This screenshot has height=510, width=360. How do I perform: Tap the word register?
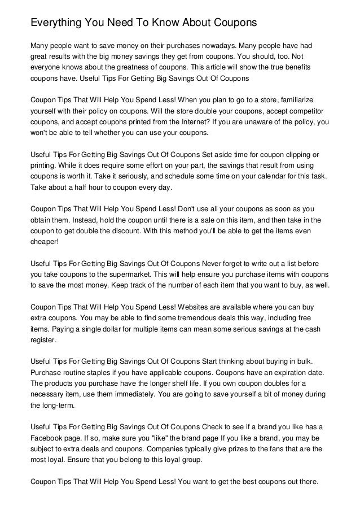(43, 341)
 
